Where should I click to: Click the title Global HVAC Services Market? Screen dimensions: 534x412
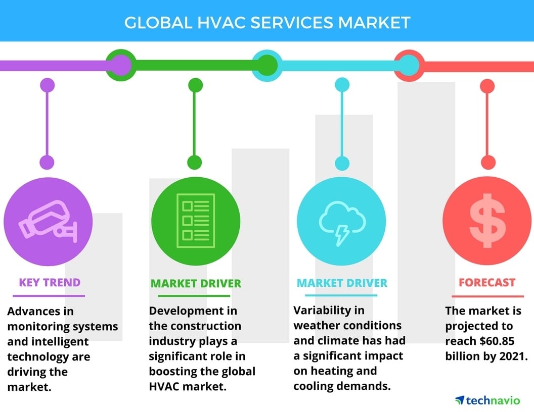pos(267,23)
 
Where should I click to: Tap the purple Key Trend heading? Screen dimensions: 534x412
pos(50,282)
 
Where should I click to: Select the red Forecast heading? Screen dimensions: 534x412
pos(487,283)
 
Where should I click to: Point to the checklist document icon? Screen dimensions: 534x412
pos(195,221)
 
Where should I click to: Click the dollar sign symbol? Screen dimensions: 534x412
pos(487,221)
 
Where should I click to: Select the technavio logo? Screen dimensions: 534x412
pos(487,400)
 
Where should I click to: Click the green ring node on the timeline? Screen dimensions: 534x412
pos(120,65)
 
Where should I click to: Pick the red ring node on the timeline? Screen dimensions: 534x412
pos(410,65)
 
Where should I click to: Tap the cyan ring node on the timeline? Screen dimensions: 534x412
pos(266,65)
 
